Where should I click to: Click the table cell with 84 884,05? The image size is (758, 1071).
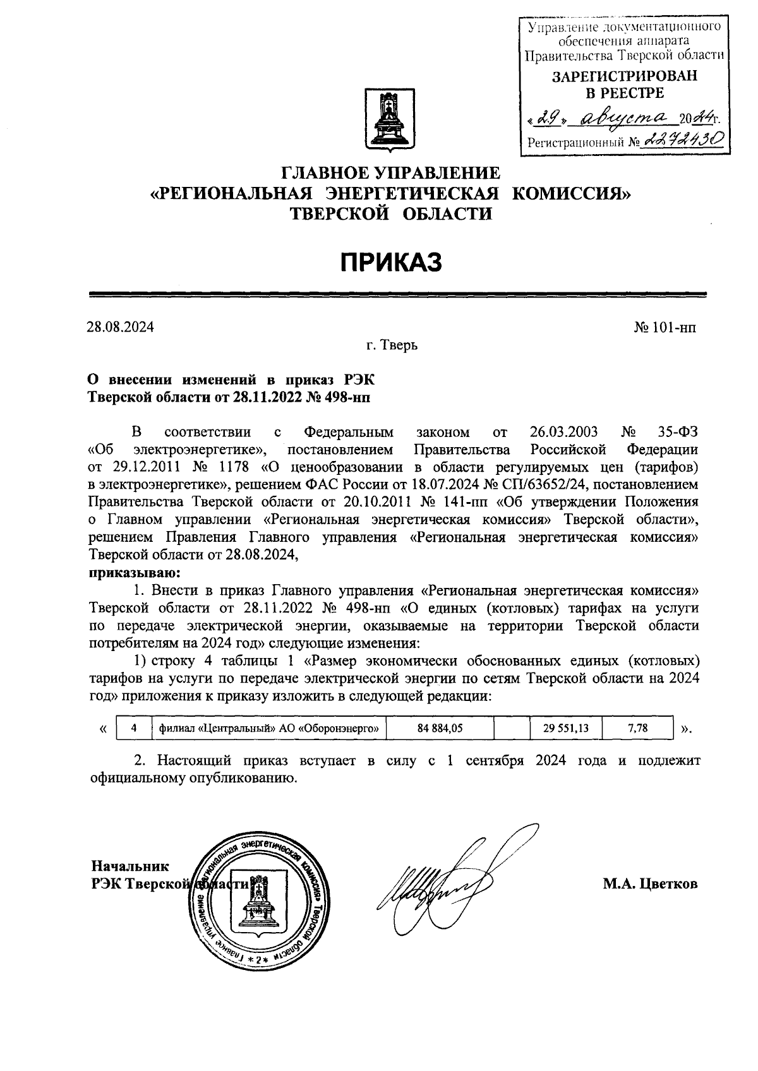pyautogui.click(x=440, y=728)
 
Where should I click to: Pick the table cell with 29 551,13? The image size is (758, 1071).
pyautogui.click(x=565, y=728)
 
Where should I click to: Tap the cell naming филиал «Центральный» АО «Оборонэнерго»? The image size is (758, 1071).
pyautogui.click(x=268, y=728)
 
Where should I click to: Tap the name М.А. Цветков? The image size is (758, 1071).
pyautogui.click(x=650, y=884)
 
